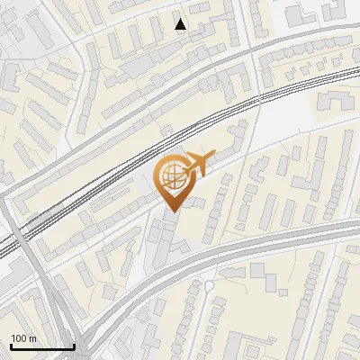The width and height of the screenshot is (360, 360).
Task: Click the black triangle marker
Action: coord(181,24)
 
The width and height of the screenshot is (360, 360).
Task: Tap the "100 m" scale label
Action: coord(24,338)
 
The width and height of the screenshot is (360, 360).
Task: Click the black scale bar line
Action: coord(42,346)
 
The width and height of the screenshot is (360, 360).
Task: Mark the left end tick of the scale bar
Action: coord(11,345)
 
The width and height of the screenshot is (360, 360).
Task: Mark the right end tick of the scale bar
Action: coord(74,345)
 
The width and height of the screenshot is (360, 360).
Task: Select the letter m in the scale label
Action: coord(33,338)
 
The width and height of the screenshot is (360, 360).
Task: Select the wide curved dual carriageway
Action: coord(270,243)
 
